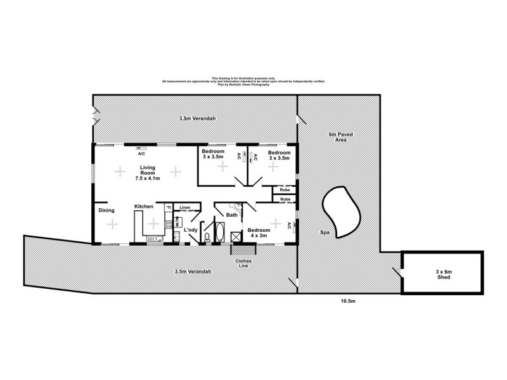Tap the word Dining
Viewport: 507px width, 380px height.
tap(106, 211)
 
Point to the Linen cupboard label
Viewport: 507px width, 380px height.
tap(185, 208)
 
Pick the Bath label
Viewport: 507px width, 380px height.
tap(233, 215)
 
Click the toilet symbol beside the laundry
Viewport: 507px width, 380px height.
tap(207, 237)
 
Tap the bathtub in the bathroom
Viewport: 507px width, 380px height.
tap(220, 232)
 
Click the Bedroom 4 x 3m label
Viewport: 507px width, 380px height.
tap(259, 233)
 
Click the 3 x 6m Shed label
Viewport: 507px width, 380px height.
tap(444, 274)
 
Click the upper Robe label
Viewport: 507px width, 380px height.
tap(285, 189)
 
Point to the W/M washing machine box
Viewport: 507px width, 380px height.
tap(178, 222)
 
